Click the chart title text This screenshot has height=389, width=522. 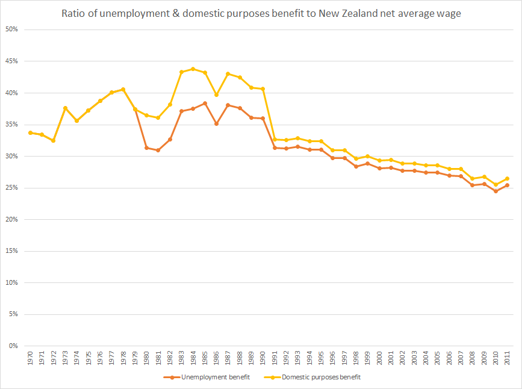point(261,14)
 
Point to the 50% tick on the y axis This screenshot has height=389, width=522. point(13,30)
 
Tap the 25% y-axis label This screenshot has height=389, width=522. point(13,188)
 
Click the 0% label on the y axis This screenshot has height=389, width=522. point(15,346)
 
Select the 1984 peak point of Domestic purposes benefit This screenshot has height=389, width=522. point(193,69)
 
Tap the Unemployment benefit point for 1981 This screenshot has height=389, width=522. point(158,150)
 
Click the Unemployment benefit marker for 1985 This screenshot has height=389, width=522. point(205,103)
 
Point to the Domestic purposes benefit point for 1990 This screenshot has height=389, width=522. point(263,89)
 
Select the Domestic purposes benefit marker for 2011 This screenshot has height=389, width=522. point(508,178)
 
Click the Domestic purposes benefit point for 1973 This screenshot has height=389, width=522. point(65,108)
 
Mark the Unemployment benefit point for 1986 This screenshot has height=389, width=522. point(216,123)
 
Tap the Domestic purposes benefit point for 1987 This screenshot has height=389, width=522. point(228,73)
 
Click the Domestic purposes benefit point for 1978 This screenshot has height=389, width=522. point(123,89)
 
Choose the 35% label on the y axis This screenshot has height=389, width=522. point(13,125)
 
